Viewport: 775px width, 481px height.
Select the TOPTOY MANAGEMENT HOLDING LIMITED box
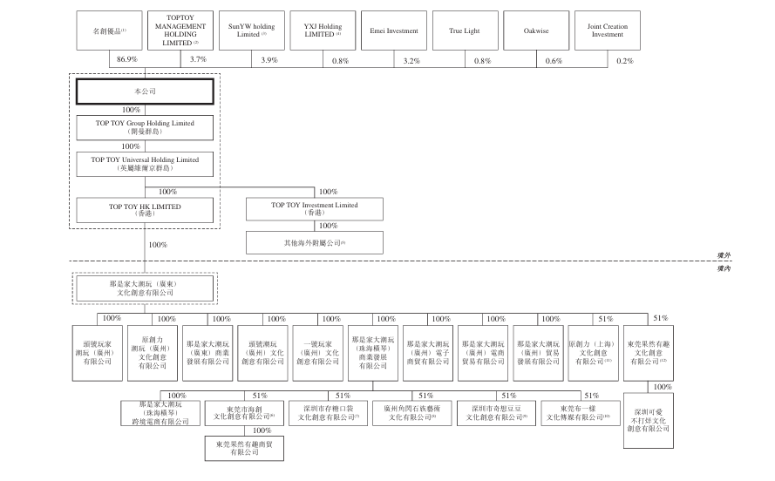point(180,30)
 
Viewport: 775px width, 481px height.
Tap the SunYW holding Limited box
point(251,31)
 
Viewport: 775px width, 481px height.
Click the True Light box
point(464,31)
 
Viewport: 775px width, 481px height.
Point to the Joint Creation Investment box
point(608,31)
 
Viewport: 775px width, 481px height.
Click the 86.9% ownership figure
point(126,60)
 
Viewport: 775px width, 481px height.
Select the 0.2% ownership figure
point(624,60)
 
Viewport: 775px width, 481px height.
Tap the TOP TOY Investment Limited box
point(303,209)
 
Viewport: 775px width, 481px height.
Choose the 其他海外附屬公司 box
point(303,241)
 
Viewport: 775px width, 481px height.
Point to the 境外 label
point(723,254)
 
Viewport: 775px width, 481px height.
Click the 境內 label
point(723,269)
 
